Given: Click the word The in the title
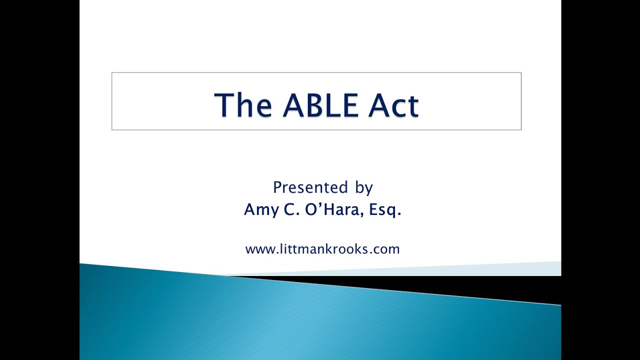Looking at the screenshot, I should pos(243,105).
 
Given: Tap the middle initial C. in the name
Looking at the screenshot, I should pos(290,209).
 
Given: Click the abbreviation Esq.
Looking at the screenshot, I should pos(385,210).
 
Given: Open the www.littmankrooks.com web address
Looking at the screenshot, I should pos(322,249).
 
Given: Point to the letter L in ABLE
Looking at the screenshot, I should pos(338,105).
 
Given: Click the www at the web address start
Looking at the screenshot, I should pos(259,249).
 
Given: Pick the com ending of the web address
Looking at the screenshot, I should pos(388,249).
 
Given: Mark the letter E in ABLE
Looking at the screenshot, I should pos(358,105).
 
